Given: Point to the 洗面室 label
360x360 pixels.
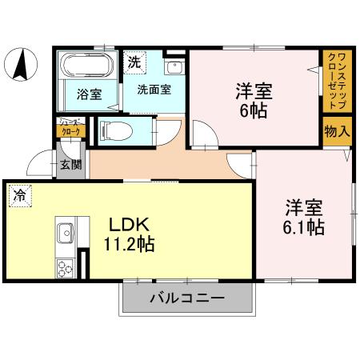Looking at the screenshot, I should point(153,90).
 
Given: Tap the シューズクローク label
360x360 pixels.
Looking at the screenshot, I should point(70,128).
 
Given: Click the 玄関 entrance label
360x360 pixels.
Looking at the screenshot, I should point(70,165).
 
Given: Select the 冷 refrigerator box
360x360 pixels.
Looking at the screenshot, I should point(18,195).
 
